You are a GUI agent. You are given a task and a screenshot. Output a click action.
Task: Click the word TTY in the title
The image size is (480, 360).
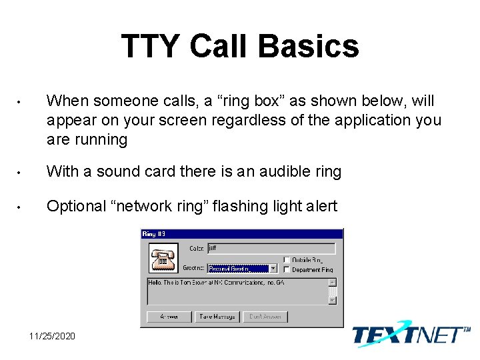151,47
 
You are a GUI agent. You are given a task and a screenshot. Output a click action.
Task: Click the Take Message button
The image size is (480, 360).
217,317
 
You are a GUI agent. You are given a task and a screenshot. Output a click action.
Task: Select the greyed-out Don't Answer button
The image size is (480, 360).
265,317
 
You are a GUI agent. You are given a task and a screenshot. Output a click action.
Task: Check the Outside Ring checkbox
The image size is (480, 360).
287,260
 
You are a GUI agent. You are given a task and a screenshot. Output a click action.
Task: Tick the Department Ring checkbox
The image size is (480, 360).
287,269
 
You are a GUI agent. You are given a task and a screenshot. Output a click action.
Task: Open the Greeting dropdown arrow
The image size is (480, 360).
273,269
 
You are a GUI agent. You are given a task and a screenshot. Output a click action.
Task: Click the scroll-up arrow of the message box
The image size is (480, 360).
333,282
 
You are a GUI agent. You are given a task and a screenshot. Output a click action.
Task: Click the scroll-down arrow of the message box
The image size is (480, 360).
333,301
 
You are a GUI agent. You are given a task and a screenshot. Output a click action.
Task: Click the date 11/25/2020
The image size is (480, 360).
53,335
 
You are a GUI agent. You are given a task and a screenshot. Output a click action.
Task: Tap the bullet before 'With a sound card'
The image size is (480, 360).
21,172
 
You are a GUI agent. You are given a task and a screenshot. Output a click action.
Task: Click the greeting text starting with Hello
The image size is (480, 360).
227,283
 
